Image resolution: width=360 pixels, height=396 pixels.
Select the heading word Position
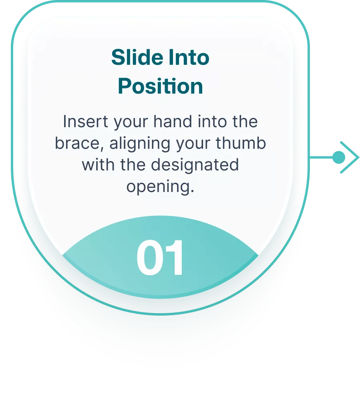[x=160, y=86]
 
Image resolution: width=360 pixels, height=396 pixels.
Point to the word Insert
[x=85, y=122]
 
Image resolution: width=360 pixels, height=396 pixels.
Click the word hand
[x=173, y=122]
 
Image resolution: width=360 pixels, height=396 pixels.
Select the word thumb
[x=241, y=143]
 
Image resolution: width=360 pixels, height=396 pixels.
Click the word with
[x=99, y=165]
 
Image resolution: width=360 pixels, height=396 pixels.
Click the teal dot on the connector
[x=339, y=157]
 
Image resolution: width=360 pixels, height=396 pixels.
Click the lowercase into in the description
[x=212, y=122]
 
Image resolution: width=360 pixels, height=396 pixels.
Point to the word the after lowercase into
[x=245, y=122]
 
